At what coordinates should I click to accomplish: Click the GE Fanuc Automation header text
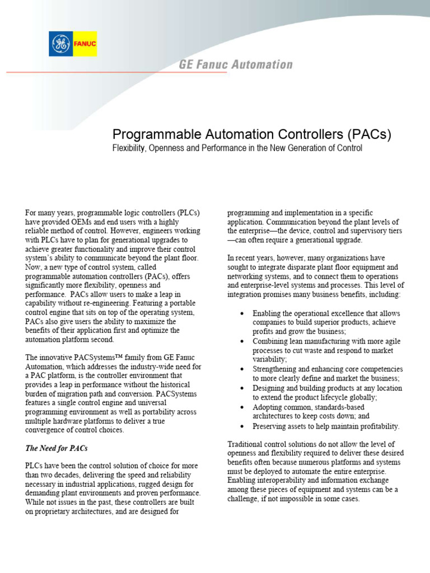point(236,64)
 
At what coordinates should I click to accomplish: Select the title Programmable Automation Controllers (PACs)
point(251,134)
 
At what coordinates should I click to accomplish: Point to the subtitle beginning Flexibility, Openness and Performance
point(237,148)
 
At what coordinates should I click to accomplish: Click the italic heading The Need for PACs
point(56,448)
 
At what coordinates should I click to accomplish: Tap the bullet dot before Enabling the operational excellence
point(241,313)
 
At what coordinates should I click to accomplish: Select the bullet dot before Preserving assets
point(241,426)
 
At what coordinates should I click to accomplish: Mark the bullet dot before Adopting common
point(241,407)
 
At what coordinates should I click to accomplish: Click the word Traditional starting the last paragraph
point(245,444)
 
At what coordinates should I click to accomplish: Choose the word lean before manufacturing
point(297,341)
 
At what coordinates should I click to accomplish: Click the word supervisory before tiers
point(364,231)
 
